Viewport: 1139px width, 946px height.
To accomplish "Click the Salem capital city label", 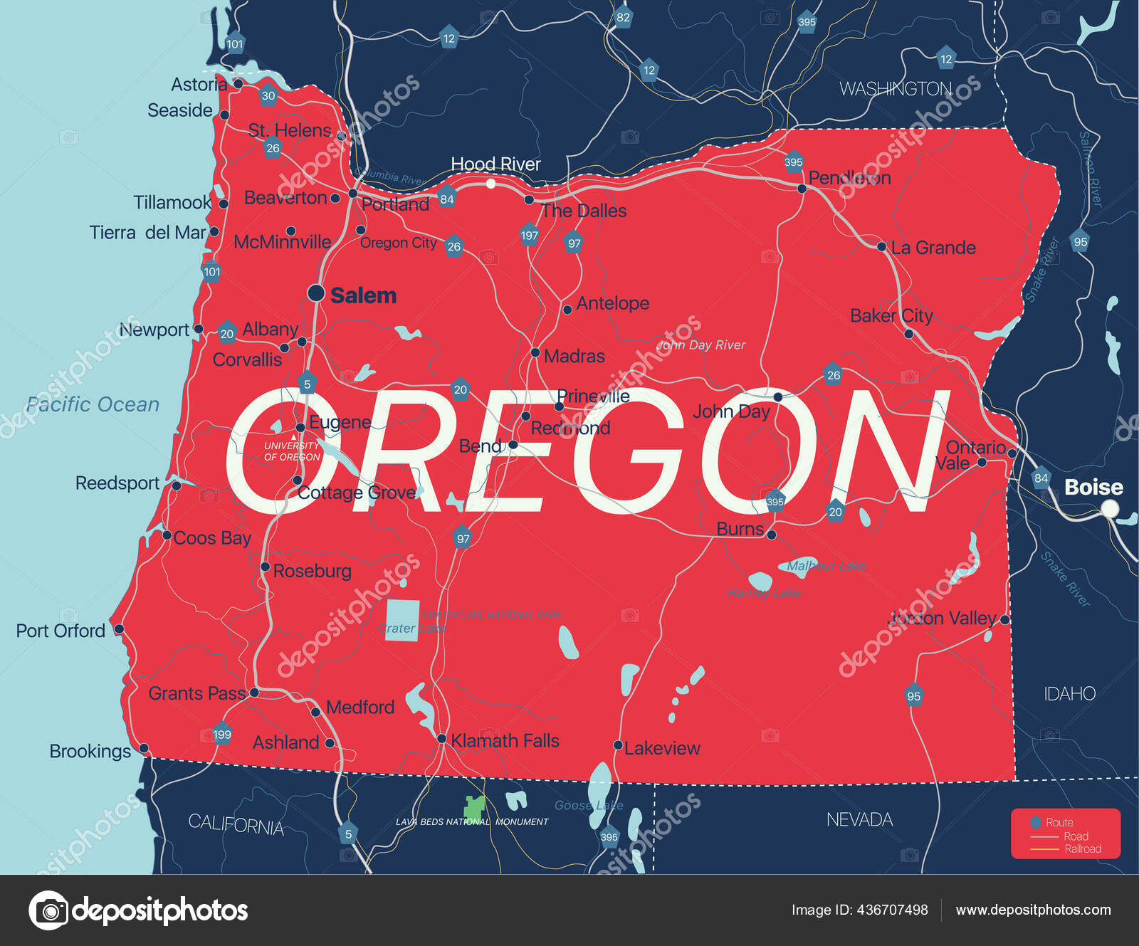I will (x=363, y=295).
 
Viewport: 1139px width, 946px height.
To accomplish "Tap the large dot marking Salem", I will (x=316, y=293).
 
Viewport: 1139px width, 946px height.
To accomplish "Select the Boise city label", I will (x=1093, y=488).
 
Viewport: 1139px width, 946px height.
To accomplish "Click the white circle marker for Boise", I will (x=1109, y=509).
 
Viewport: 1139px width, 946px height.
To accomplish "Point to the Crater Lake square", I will (x=402, y=620).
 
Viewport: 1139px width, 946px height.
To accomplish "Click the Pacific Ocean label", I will (x=93, y=404).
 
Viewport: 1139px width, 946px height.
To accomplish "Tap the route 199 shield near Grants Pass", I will (x=222, y=735).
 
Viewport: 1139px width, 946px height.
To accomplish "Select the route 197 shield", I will (x=529, y=236).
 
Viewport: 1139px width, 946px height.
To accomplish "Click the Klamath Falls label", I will (x=505, y=741).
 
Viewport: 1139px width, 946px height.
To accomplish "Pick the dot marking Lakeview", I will (x=618, y=745).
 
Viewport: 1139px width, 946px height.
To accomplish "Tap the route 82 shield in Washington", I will (x=623, y=18).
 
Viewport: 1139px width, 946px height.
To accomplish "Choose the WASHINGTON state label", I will (x=895, y=89).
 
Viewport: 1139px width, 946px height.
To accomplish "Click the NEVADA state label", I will (x=859, y=819).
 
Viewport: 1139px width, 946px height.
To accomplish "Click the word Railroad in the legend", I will (x=1082, y=848).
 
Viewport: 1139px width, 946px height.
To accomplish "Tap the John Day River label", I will (x=701, y=345).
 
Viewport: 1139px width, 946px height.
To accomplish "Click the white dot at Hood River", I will (x=490, y=184).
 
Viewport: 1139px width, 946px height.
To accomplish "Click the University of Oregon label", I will (x=292, y=451).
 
